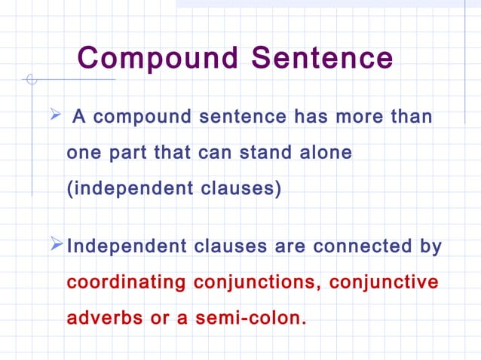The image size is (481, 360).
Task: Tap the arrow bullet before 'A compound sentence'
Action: [x=54, y=115]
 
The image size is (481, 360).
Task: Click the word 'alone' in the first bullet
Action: [x=324, y=153]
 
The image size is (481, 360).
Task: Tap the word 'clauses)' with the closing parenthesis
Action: [x=238, y=188]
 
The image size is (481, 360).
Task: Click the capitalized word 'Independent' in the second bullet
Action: [x=127, y=247]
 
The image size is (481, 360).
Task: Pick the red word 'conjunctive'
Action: [x=384, y=282]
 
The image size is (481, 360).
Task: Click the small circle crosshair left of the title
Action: [x=31, y=78]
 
